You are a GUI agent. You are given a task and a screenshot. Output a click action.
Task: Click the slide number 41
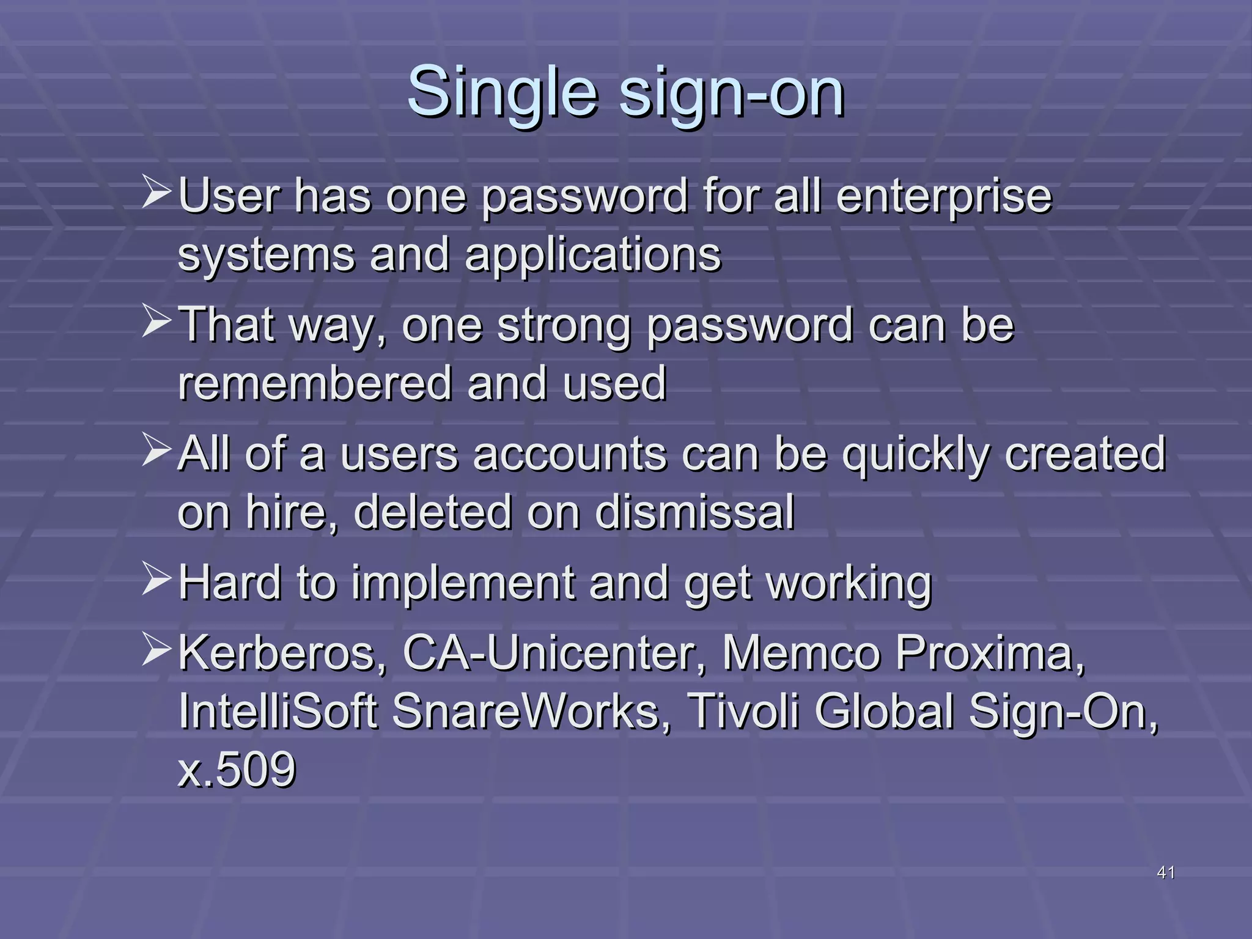(x=1166, y=872)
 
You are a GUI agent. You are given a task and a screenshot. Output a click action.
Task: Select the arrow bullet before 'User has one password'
(x=156, y=192)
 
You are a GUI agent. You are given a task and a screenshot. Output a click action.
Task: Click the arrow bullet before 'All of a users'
(x=156, y=450)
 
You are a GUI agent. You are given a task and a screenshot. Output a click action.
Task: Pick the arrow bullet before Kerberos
(x=156, y=649)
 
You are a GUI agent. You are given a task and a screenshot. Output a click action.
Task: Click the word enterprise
(x=944, y=197)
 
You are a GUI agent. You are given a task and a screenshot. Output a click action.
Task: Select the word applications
(x=593, y=256)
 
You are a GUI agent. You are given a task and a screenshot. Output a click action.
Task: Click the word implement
(x=463, y=583)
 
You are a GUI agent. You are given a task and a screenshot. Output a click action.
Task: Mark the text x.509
(x=237, y=770)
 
